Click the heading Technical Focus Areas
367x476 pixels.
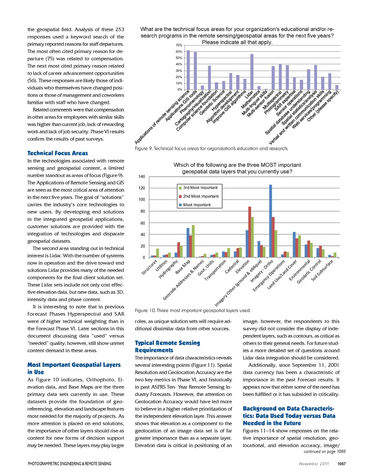pos(57,153)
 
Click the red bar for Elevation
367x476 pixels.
pos(250,232)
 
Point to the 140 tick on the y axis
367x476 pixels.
pos(142,177)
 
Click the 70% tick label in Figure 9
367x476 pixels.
pos(179,45)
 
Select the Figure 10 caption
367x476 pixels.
pos(193,310)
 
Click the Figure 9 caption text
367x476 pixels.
pos(211,148)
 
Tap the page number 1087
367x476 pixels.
pos(341,464)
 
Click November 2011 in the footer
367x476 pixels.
pos(314,464)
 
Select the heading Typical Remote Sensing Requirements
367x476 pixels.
pos(167,346)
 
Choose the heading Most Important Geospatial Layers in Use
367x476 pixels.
pos(74,368)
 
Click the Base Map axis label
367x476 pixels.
pos(183,267)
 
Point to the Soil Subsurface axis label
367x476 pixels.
pos(322,270)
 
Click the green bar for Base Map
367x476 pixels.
pos(193,241)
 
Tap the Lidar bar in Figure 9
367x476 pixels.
pos(252,72)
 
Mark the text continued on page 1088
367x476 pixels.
pos(325,452)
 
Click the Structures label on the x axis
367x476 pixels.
pos(149,267)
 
